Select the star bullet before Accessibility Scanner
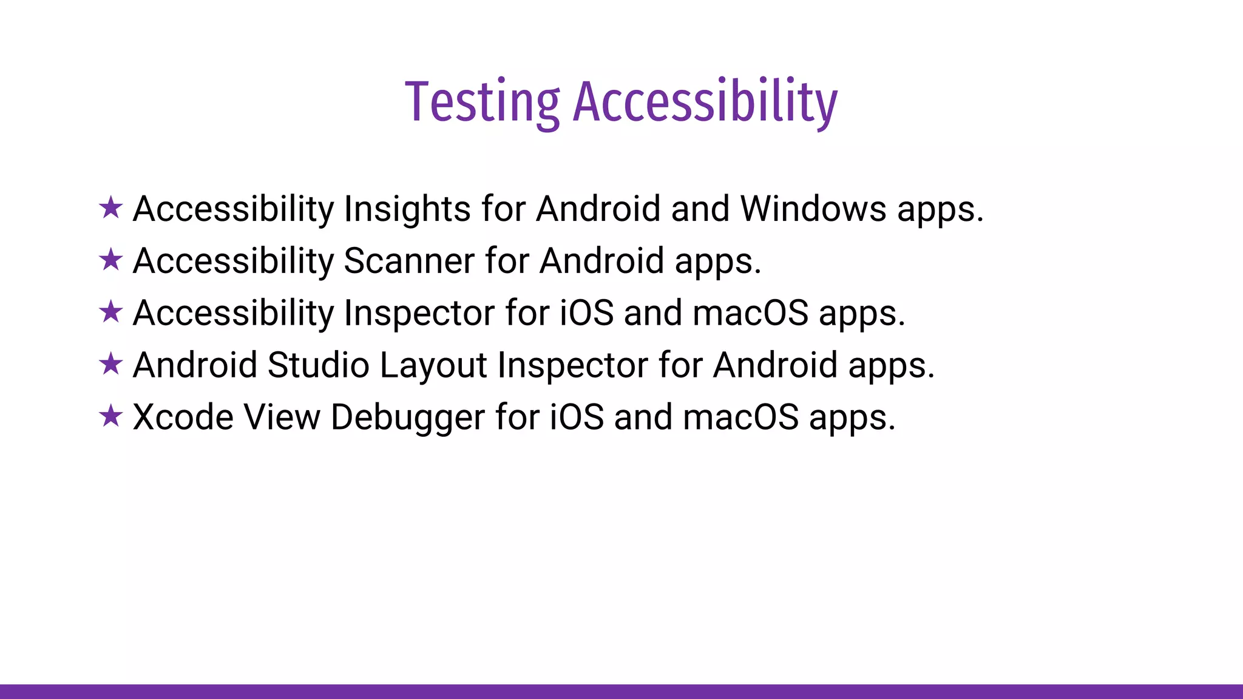coord(111,260)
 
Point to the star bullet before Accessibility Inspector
coord(111,312)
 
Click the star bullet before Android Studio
coord(111,364)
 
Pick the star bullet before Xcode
coord(111,416)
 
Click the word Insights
coord(407,209)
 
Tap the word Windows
coord(813,209)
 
